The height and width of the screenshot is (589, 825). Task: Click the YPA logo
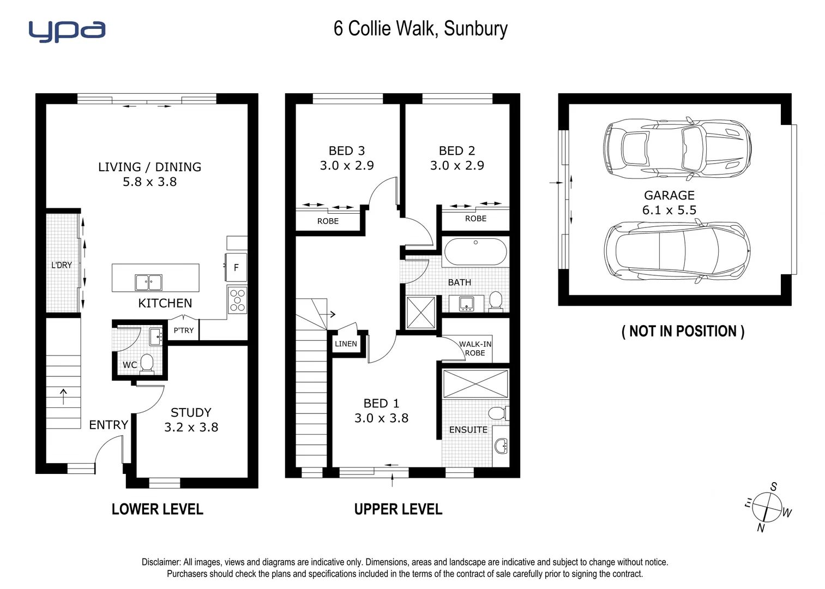click(x=67, y=31)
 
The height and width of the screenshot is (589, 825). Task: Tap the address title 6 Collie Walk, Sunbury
click(x=420, y=28)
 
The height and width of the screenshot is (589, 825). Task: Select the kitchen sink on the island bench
click(x=148, y=283)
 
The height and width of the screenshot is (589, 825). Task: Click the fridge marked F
click(x=236, y=267)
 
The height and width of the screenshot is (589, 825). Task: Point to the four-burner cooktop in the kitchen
click(x=237, y=300)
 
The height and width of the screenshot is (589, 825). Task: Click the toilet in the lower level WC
click(x=147, y=363)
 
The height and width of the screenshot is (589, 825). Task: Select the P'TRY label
click(x=184, y=330)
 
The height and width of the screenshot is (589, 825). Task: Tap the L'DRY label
click(x=62, y=265)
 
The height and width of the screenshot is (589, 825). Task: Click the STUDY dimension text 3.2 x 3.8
click(x=191, y=428)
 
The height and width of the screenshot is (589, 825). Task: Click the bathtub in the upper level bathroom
click(x=475, y=253)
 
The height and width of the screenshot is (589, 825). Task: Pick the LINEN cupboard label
click(x=346, y=344)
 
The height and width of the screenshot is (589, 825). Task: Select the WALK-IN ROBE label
click(x=475, y=348)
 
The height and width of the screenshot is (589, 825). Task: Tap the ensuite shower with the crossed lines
click(x=475, y=383)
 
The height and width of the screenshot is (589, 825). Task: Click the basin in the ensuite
click(x=501, y=447)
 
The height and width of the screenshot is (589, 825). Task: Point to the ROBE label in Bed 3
click(x=328, y=221)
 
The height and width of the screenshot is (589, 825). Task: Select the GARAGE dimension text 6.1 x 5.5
click(x=669, y=210)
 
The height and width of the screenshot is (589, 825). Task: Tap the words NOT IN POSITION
click(x=683, y=331)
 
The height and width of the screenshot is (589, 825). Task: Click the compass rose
click(x=767, y=507)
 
